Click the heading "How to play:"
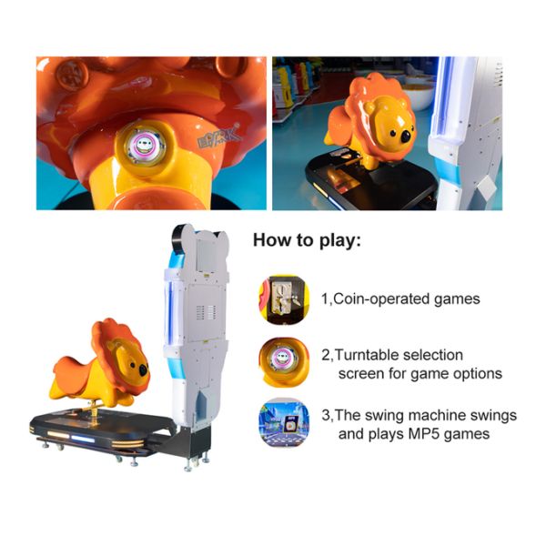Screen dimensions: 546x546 point(307,242)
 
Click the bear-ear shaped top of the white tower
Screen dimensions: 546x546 point(198,239)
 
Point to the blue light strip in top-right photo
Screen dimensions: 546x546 point(449,118)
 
